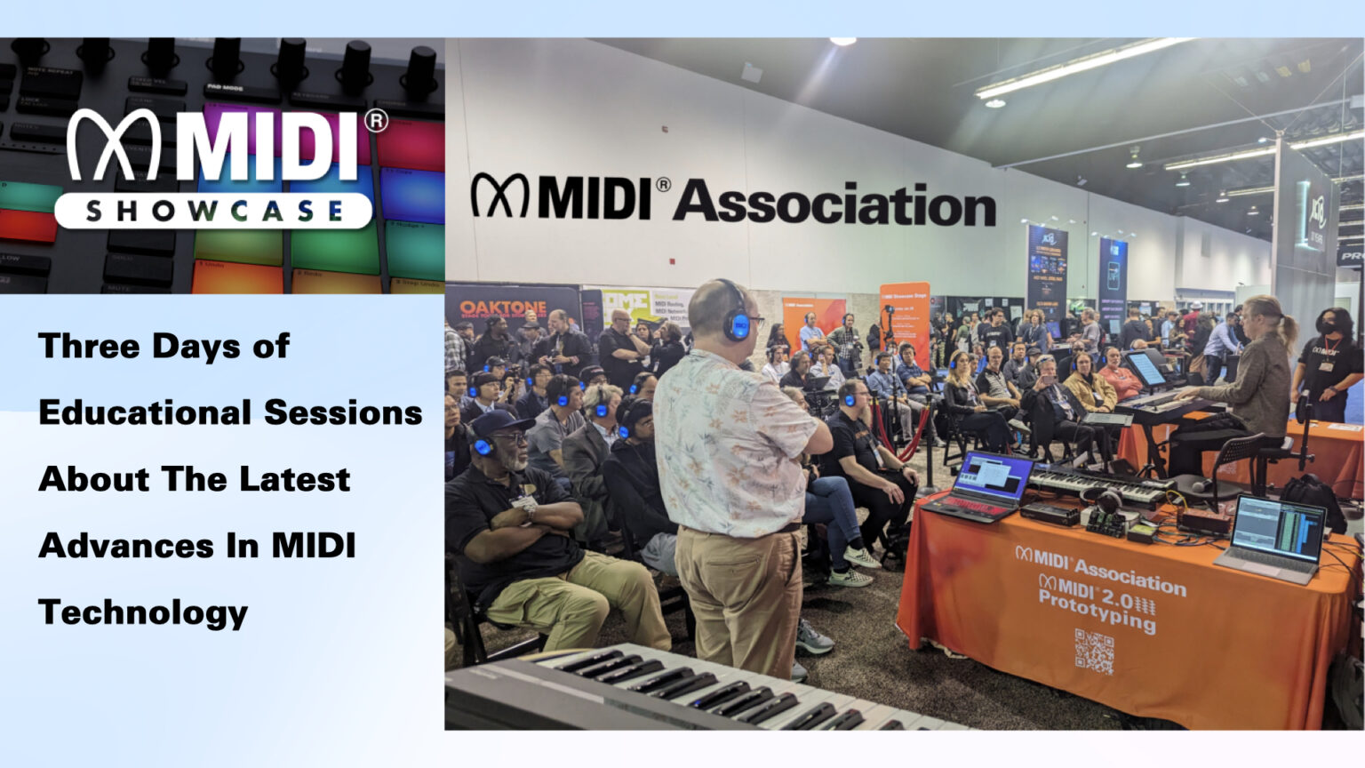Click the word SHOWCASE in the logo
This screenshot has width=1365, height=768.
(213, 211)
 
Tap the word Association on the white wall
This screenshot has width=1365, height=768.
(834, 204)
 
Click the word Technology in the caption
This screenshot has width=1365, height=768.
(143, 612)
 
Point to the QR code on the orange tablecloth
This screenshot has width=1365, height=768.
(1093, 651)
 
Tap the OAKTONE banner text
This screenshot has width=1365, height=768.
(503, 308)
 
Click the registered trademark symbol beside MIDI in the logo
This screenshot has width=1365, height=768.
(376, 120)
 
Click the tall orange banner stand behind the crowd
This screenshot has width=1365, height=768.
(904, 324)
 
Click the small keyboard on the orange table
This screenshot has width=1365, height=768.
(1098, 484)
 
